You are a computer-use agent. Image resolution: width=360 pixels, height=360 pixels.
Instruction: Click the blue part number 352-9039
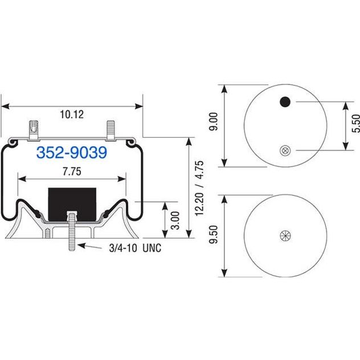[x=72, y=152]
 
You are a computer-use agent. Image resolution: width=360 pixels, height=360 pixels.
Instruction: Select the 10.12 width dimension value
[x=72, y=114]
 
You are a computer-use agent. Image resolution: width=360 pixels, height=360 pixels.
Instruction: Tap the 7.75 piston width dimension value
[x=72, y=171]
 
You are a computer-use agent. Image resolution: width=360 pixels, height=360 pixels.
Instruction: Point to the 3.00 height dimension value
[x=175, y=220]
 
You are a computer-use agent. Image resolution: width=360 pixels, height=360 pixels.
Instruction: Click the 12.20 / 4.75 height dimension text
[x=199, y=189]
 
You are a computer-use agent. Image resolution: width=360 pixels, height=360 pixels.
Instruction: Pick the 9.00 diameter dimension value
[x=213, y=121]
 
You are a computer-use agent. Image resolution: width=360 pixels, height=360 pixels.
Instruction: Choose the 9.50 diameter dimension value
[x=213, y=234]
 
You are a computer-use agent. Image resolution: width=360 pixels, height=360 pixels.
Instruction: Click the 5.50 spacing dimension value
[x=355, y=123]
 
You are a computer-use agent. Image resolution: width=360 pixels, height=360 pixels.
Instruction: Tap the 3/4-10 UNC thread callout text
[x=135, y=248]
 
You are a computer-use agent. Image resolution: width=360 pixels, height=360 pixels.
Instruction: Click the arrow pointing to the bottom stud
[x=89, y=246]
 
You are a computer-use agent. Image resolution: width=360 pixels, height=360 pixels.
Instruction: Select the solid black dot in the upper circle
[x=285, y=102]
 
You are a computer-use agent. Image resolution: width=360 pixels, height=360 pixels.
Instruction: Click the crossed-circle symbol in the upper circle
[x=285, y=150]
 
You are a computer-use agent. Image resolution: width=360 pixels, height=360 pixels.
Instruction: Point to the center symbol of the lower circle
[x=285, y=236]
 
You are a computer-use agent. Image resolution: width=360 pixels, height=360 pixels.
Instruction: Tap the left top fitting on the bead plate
[x=34, y=130]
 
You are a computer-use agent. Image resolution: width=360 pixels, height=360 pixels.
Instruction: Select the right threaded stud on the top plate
[x=111, y=130]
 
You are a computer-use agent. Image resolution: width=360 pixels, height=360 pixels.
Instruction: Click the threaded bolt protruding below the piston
[x=72, y=231]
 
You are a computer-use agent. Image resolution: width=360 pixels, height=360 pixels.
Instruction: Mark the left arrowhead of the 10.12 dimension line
[x=5, y=107]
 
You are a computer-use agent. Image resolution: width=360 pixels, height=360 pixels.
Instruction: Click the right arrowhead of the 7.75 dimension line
[x=122, y=179]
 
